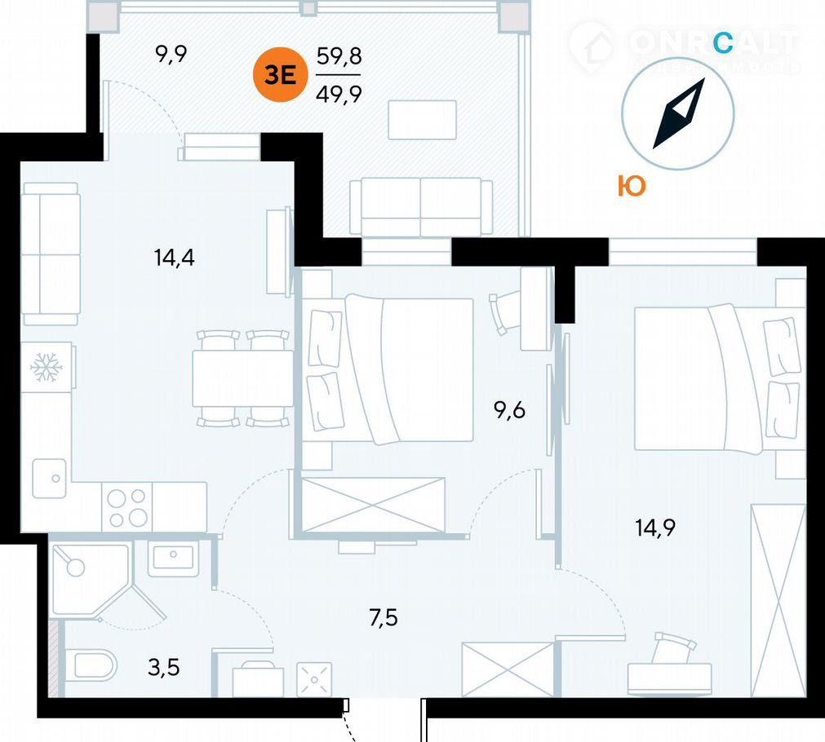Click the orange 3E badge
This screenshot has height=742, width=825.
tap(279, 76)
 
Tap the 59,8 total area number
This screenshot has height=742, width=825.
tap(339, 57)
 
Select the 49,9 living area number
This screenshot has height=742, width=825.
tap(339, 92)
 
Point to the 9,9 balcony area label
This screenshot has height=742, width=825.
tap(171, 55)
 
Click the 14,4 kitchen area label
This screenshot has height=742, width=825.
tap(173, 258)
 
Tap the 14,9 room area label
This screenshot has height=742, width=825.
tap(656, 527)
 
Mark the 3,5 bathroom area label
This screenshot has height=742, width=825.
tap(162, 669)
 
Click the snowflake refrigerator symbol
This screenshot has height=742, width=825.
tap(47, 369)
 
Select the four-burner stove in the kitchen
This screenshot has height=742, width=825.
tap(127, 507)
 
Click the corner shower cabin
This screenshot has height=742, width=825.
tap(85, 579)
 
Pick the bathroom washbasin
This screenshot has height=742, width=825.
tap(172, 559)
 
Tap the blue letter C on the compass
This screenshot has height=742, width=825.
tap(722, 42)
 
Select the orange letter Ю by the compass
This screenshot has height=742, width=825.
tap(631, 187)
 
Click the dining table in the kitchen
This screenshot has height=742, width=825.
tap(242, 378)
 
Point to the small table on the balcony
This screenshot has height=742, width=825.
tap(422, 120)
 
